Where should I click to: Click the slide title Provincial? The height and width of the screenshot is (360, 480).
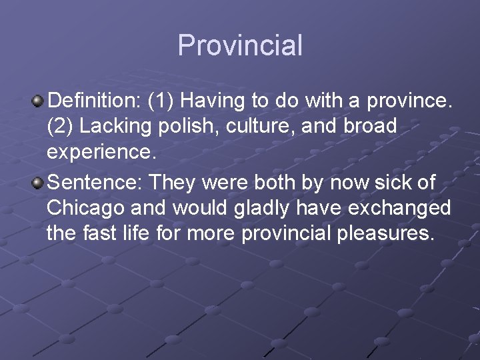(x=240, y=45)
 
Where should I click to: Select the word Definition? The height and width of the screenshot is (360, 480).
(x=93, y=101)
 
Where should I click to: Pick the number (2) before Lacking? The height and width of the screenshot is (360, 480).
(x=61, y=127)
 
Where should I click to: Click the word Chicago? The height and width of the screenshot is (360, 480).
(x=89, y=207)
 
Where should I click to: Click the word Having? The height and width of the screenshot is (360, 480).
(x=212, y=101)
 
